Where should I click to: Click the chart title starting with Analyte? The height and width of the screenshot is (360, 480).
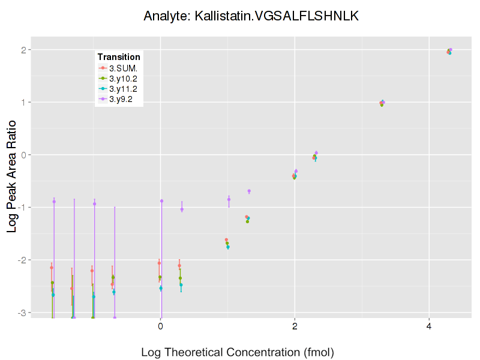point(251,16)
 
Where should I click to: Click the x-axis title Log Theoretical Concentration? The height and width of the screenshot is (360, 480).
point(237,352)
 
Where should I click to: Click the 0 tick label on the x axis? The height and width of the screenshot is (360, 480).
point(161,326)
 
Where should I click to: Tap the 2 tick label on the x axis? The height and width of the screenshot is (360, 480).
point(295,326)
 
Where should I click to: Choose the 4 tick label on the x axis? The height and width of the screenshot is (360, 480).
point(429,326)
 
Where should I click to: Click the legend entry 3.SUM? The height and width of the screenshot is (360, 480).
point(124,68)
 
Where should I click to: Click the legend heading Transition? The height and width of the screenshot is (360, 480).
point(119,57)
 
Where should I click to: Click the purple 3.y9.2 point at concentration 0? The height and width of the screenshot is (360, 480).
point(161,201)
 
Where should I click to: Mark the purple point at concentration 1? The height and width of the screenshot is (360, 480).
point(229,199)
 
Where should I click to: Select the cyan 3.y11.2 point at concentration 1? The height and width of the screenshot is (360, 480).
point(228,247)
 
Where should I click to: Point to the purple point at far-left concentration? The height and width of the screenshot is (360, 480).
point(54,202)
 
